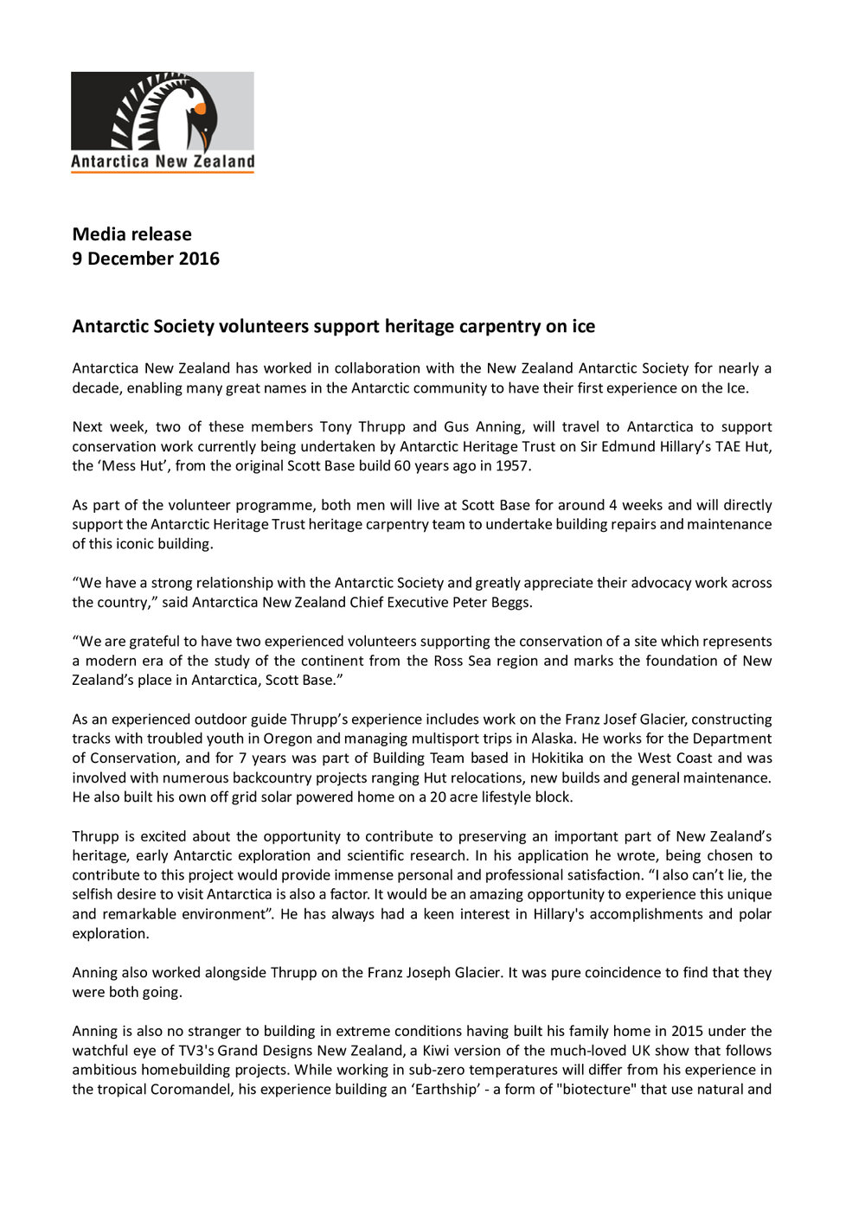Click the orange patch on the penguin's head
(200, 109)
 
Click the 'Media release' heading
(132, 234)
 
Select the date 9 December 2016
(146, 259)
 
